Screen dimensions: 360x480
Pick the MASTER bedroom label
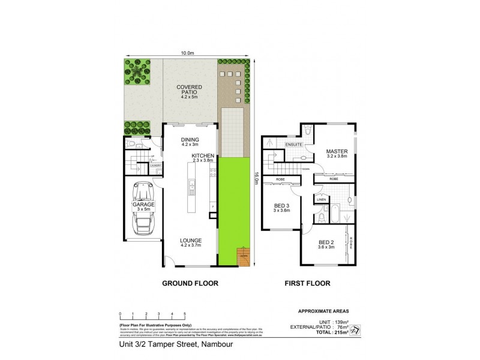tap(337, 151)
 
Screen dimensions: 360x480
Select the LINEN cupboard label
tap(321, 200)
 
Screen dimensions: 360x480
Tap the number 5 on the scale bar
tap(185, 314)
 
